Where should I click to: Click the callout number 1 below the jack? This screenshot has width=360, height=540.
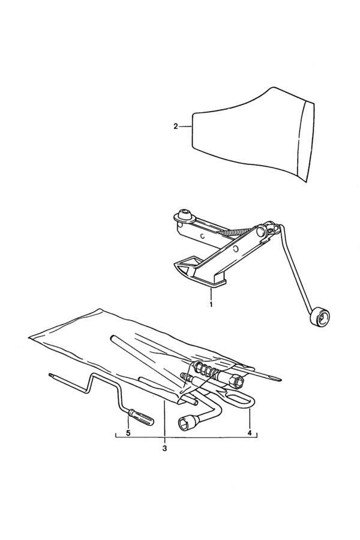coord(211,304)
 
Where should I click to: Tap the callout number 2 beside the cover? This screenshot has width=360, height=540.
coord(176,127)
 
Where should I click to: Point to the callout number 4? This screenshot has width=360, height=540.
coord(250,432)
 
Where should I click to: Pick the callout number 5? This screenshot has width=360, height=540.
coord(128,433)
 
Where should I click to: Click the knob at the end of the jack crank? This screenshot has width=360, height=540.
coord(319,316)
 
